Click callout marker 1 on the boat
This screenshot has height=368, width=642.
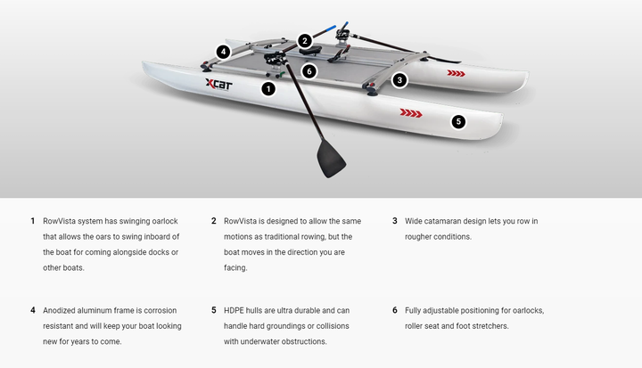(x=268, y=88)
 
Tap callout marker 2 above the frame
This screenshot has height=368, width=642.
(x=305, y=40)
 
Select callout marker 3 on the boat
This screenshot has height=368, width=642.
(x=399, y=79)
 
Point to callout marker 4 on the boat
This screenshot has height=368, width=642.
(x=222, y=52)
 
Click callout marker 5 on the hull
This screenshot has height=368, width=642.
(x=458, y=121)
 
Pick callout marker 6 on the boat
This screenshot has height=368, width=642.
(x=309, y=70)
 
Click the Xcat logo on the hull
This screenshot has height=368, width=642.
(x=219, y=85)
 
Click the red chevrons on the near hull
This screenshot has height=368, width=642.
(x=410, y=113)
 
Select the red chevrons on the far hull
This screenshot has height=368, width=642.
(x=456, y=73)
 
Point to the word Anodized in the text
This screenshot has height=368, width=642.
(x=61, y=310)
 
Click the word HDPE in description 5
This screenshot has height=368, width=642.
(x=235, y=310)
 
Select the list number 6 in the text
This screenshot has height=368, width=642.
(x=394, y=310)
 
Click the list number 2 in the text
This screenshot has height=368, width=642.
(x=214, y=221)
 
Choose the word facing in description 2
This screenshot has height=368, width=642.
(x=235, y=267)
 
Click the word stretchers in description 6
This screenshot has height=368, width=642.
(x=488, y=326)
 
